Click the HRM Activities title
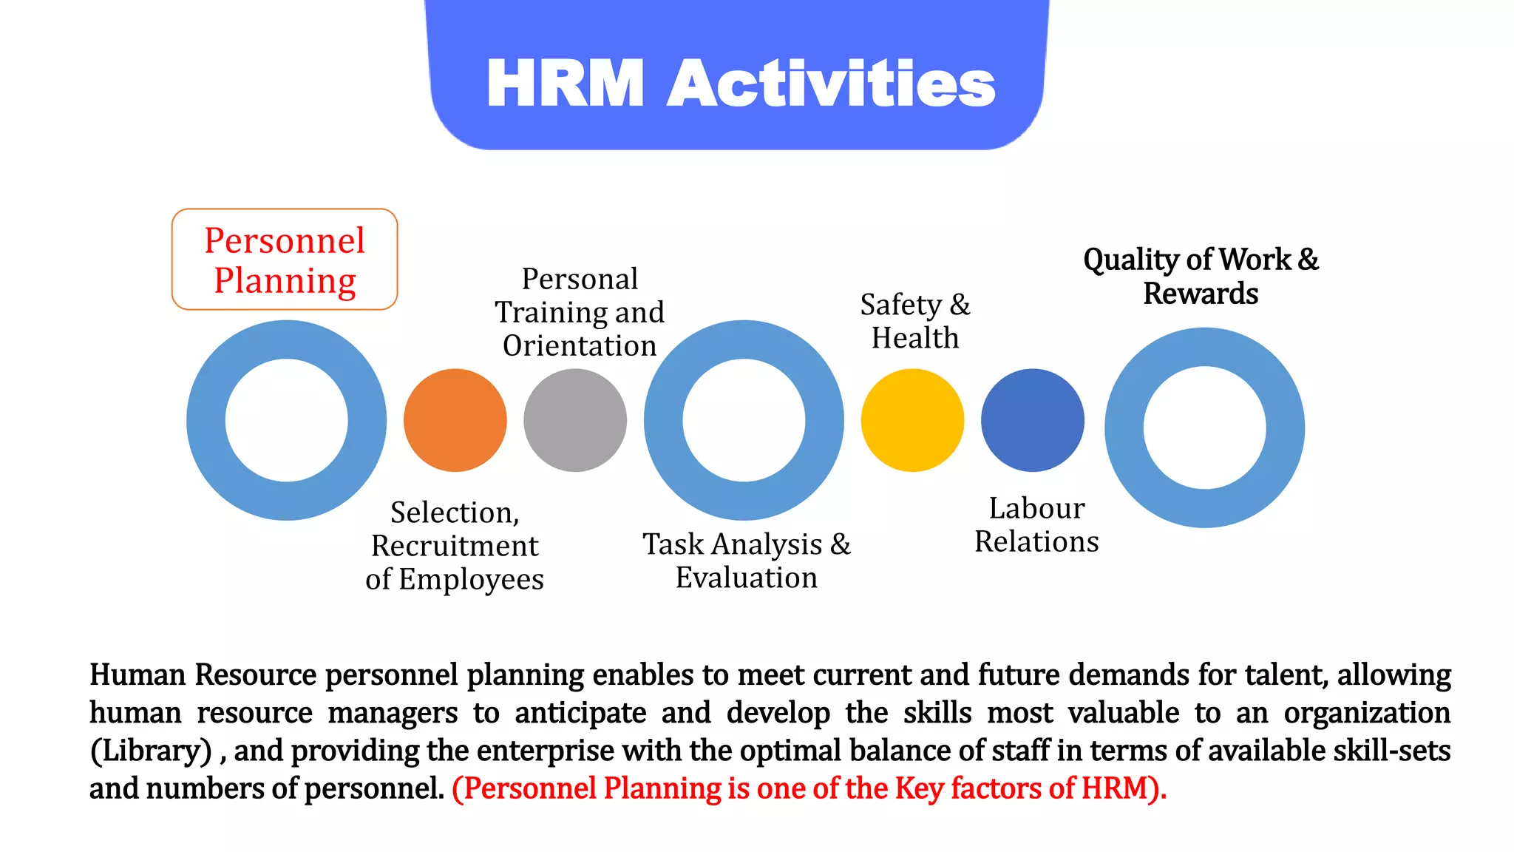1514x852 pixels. (741, 84)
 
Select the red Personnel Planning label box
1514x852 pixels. (285, 260)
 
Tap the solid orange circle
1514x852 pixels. (455, 420)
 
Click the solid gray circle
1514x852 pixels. (575, 420)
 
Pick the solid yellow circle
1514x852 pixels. (912, 420)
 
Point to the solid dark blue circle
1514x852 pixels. (1033, 420)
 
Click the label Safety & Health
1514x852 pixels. (915, 321)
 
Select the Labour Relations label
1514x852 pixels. (1036, 525)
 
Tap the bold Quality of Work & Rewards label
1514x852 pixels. (1201, 277)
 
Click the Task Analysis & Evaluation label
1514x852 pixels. (747, 561)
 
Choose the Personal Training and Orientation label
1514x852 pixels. (580, 312)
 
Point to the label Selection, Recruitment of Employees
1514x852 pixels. (455, 546)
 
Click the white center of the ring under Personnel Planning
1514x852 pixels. (287, 420)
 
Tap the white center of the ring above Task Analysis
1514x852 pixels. (744, 420)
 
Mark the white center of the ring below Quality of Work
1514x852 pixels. (1204, 427)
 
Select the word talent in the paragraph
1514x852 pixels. (1286, 675)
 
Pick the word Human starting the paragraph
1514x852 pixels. (138, 675)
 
